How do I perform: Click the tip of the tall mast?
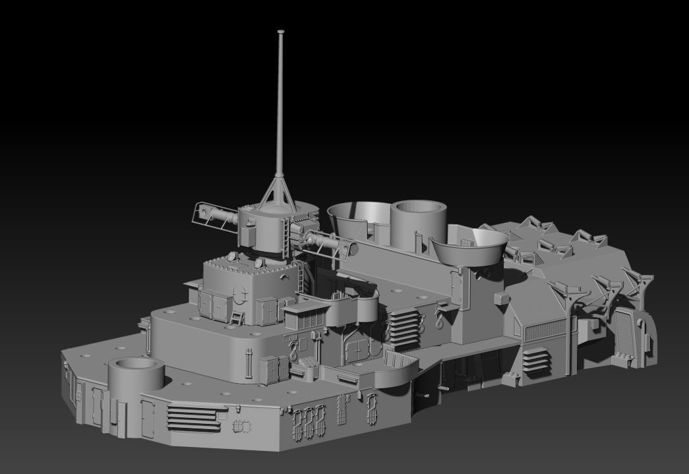[x=281, y=32]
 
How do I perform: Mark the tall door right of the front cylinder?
[x=149, y=418]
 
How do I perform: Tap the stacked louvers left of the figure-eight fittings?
[x=404, y=328]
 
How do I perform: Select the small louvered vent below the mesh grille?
[x=535, y=359]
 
